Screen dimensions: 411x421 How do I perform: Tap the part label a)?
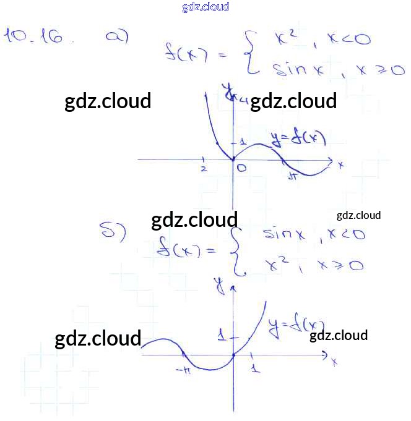[116, 36]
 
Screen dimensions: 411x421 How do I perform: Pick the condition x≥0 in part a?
[380, 70]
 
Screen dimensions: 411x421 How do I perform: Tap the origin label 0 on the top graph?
[241, 168]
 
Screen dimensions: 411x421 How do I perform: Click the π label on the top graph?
[294, 177]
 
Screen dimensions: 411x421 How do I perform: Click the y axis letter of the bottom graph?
[218, 285]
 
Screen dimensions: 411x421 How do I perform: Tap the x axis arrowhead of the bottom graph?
[324, 355]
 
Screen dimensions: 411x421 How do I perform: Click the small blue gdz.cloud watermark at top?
[205, 7]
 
